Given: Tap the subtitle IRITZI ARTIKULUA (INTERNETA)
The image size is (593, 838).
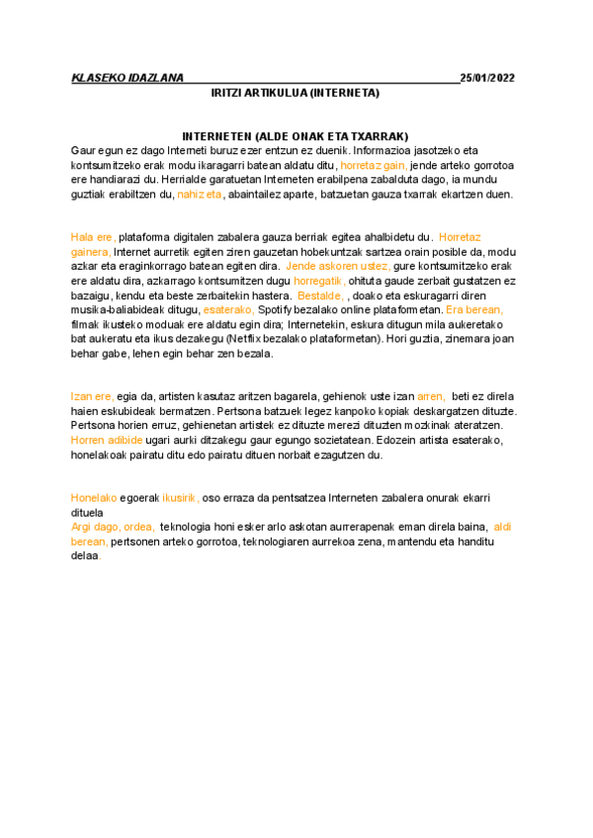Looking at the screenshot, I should tap(296, 93).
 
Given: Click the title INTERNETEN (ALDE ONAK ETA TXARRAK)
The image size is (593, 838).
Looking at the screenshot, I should tap(296, 135).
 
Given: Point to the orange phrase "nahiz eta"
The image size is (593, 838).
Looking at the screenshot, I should tap(200, 195).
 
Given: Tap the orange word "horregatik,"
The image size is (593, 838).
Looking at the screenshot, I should tap(320, 282).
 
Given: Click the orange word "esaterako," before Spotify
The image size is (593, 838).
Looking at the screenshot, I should tap(227, 309).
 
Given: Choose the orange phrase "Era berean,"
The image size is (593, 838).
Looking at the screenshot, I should tap(475, 309).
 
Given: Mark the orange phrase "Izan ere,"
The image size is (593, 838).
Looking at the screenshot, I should tap(93, 395).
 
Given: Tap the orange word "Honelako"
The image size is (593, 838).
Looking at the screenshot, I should tap(94, 497).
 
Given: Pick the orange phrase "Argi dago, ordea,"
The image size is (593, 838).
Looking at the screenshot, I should tap(113, 527).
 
